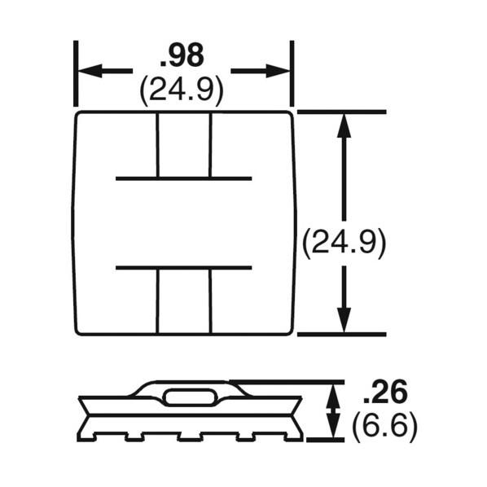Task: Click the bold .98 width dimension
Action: click(182, 55)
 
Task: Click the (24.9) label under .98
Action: click(182, 90)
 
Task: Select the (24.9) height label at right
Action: click(343, 243)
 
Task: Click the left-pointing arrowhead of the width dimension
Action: click(86, 71)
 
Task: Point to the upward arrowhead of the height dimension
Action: click(344, 123)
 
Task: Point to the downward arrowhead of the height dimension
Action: click(344, 322)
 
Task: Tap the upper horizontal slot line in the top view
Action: click(183, 178)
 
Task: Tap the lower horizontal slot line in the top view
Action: click(183, 267)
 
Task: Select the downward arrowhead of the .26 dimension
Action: click(332, 430)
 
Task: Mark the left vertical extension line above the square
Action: click(76, 73)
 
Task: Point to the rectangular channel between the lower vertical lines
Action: click(184, 301)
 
